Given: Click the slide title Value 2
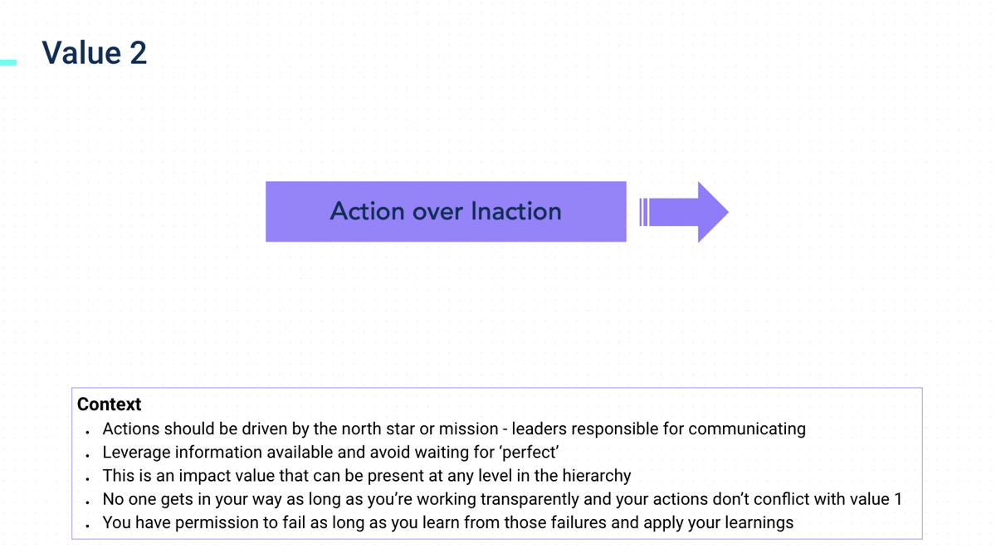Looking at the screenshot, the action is pos(95,53).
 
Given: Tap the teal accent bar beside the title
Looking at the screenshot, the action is pos(8,63).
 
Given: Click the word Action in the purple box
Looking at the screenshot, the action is pos(367,211).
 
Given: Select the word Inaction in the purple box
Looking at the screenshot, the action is pos(516,211).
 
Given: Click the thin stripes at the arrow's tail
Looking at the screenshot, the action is pos(643,213).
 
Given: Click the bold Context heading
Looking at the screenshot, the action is pos(109,404).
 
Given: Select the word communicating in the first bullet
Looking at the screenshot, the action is pos(747,429).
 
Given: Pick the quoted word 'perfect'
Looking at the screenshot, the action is pos(530,453).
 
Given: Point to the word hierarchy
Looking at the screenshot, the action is pos(597,476).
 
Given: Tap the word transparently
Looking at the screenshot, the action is pos(530,499).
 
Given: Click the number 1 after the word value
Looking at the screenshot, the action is pos(898,499).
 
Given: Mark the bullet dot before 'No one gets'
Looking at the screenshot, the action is pos(88,503).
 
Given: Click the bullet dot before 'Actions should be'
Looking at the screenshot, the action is pos(88,432).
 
